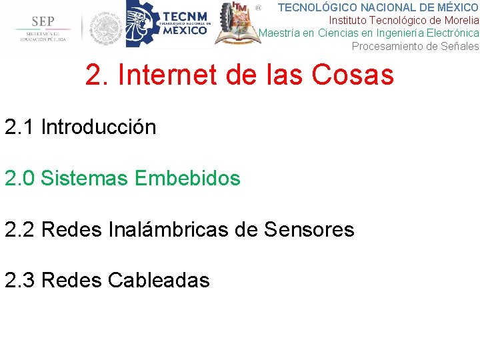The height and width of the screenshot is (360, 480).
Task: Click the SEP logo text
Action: tap(40, 21)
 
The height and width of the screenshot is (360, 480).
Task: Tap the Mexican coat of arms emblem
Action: tap(106, 29)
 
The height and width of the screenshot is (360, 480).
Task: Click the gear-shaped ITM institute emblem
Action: tap(237, 26)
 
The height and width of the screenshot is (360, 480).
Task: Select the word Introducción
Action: tap(99, 127)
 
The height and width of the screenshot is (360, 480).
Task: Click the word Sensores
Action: tap(309, 229)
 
